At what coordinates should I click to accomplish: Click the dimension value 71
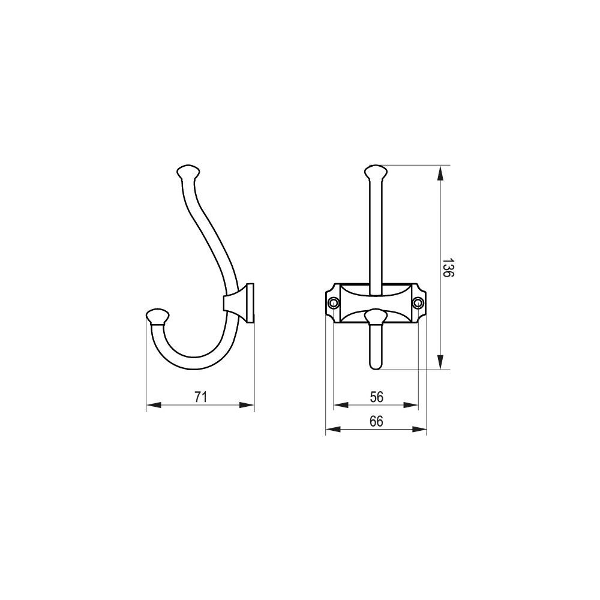(200, 397)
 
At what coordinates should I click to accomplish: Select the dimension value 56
(377, 397)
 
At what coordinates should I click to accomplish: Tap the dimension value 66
(377, 421)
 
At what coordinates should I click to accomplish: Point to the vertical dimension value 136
(448, 268)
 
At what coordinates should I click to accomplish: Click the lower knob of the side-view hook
(158, 316)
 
